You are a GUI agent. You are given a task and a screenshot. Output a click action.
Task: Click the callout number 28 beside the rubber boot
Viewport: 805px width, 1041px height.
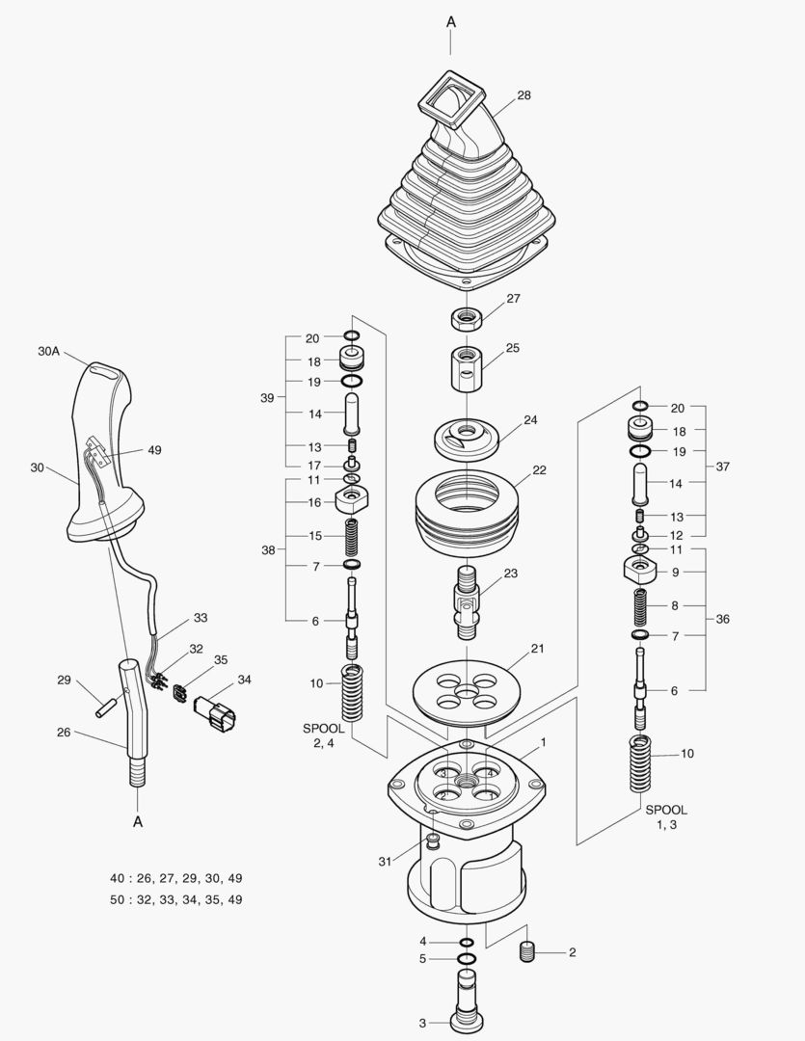523,95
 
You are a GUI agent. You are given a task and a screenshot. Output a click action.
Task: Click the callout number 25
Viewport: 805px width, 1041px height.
512,347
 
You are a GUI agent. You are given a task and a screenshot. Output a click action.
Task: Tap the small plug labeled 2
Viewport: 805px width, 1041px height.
527,952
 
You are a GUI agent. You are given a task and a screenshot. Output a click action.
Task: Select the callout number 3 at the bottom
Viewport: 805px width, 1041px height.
421,1023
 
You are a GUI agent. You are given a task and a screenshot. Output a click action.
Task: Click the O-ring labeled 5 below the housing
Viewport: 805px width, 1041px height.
467,959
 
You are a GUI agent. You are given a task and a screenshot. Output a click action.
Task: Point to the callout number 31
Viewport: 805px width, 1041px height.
386,861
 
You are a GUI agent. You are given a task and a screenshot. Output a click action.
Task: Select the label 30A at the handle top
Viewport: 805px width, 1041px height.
49,353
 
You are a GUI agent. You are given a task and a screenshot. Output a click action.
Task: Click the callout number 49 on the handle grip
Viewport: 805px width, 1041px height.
154,449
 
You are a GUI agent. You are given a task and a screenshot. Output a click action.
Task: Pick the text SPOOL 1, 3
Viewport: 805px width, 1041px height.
666,817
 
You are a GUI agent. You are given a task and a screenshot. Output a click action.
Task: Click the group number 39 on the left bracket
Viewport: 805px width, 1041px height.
267,398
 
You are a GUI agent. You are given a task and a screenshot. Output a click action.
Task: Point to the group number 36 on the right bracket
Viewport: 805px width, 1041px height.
722,619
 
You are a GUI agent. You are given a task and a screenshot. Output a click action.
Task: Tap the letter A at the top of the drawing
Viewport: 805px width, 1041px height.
451,21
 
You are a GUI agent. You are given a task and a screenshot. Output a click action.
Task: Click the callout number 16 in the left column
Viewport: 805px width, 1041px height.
314,502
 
